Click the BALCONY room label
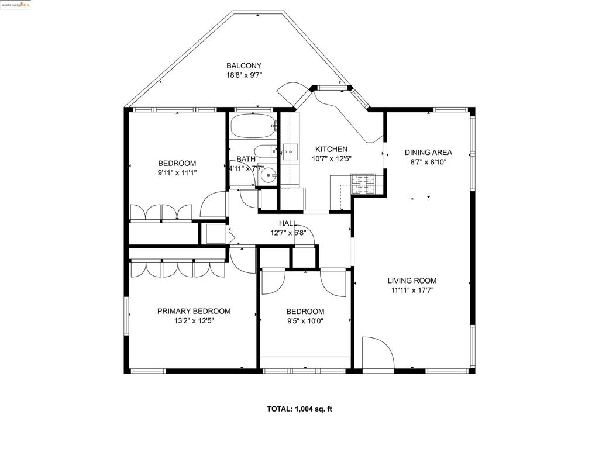(x=244, y=66)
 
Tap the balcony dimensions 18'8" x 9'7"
(x=244, y=75)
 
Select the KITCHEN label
(x=331, y=149)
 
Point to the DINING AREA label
(x=428, y=153)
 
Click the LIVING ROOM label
(x=413, y=280)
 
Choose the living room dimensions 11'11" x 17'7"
(x=413, y=290)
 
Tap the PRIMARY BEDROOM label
(x=194, y=311)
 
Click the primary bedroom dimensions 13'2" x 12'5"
(x=194, y=321)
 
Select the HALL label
(x=287, y=223)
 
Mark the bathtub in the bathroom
(x=252, y=125)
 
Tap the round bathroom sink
(x=267, y=178)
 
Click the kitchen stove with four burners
(x=366, y=184)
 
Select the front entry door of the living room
(x=377, y=353)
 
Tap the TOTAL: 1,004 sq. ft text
(x=299, y=409)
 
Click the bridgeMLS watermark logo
(x=16, y=5)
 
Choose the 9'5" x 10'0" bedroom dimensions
(x=305, y=321)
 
